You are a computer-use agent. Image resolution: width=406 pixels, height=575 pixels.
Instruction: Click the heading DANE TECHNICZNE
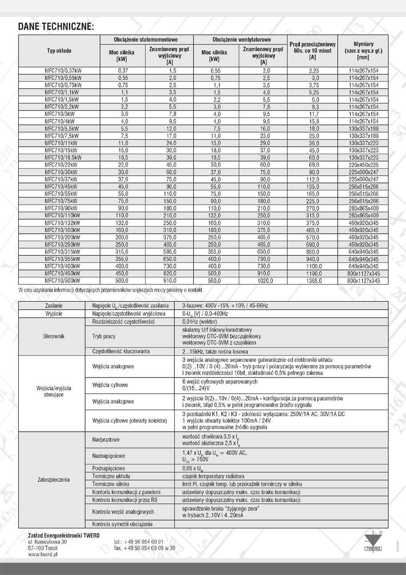click(56, 26)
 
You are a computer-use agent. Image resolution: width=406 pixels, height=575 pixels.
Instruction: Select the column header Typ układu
click(59, 51)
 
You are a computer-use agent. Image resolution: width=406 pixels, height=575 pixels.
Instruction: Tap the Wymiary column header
click(363, 51)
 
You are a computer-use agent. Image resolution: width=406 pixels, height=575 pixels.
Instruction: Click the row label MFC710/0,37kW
click(63, 71)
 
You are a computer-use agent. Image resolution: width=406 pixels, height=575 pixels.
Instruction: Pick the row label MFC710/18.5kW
click(63, 158)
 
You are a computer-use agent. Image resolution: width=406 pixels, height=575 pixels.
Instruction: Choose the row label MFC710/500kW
click(62, 281)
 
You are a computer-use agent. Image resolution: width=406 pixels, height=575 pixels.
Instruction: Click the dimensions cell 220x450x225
click(363, 165)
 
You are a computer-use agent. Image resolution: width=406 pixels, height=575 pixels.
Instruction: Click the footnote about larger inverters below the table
click(111, 290)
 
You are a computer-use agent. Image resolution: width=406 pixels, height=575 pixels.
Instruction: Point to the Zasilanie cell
click(54, 306)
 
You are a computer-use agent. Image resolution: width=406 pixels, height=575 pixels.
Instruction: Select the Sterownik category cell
click(54, 336)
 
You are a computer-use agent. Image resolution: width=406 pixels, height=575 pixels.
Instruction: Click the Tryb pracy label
click(104, 336)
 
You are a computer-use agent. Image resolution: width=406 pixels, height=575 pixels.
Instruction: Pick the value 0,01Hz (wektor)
click(200, 322)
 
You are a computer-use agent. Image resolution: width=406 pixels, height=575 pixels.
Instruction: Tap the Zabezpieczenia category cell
click(54, 480)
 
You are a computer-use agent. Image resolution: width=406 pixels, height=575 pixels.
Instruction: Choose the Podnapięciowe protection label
click(109, 468)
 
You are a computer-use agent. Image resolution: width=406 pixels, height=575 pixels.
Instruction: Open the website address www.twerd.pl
click(43, 554)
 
